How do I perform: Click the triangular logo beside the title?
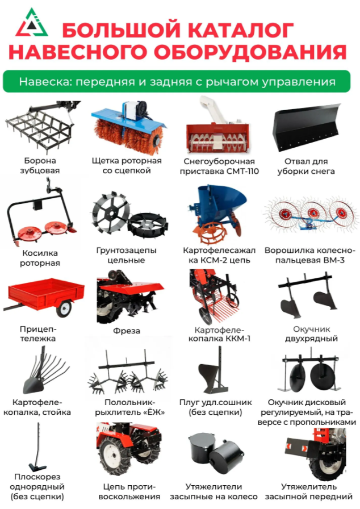click(x=31, y=23)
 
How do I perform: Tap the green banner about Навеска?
click(x=177, y=81)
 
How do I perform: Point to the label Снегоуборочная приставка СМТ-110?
click(x=219, y=166)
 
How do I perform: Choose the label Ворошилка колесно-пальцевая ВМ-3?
click(x=309, y=255)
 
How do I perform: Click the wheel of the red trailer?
click(x=64, y=307)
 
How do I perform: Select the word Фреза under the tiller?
click(x=127, y=331)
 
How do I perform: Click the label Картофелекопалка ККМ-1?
click(x=219, y=335)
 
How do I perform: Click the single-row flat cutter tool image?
click(x=38, y=448)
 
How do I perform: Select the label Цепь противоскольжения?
click(x=129, y=491)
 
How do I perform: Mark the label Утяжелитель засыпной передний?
click(x=308, y=491)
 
